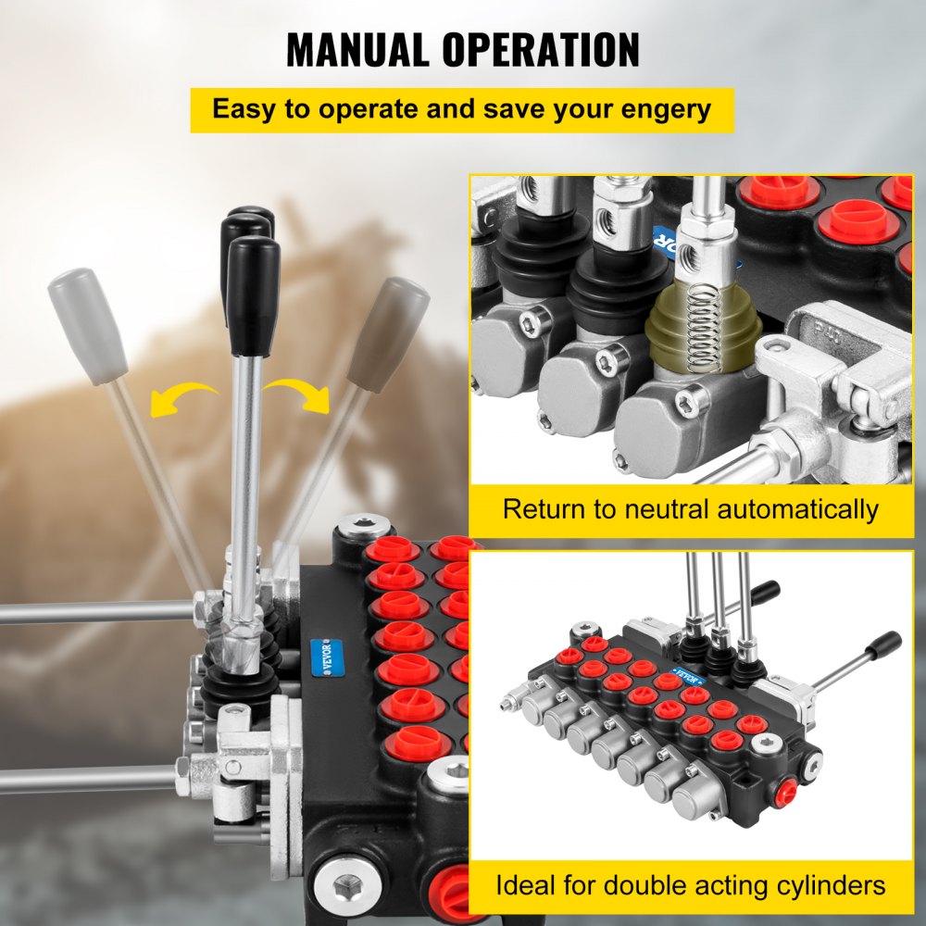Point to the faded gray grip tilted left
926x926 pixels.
point(87,325)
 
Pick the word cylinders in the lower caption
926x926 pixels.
point(824,884)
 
